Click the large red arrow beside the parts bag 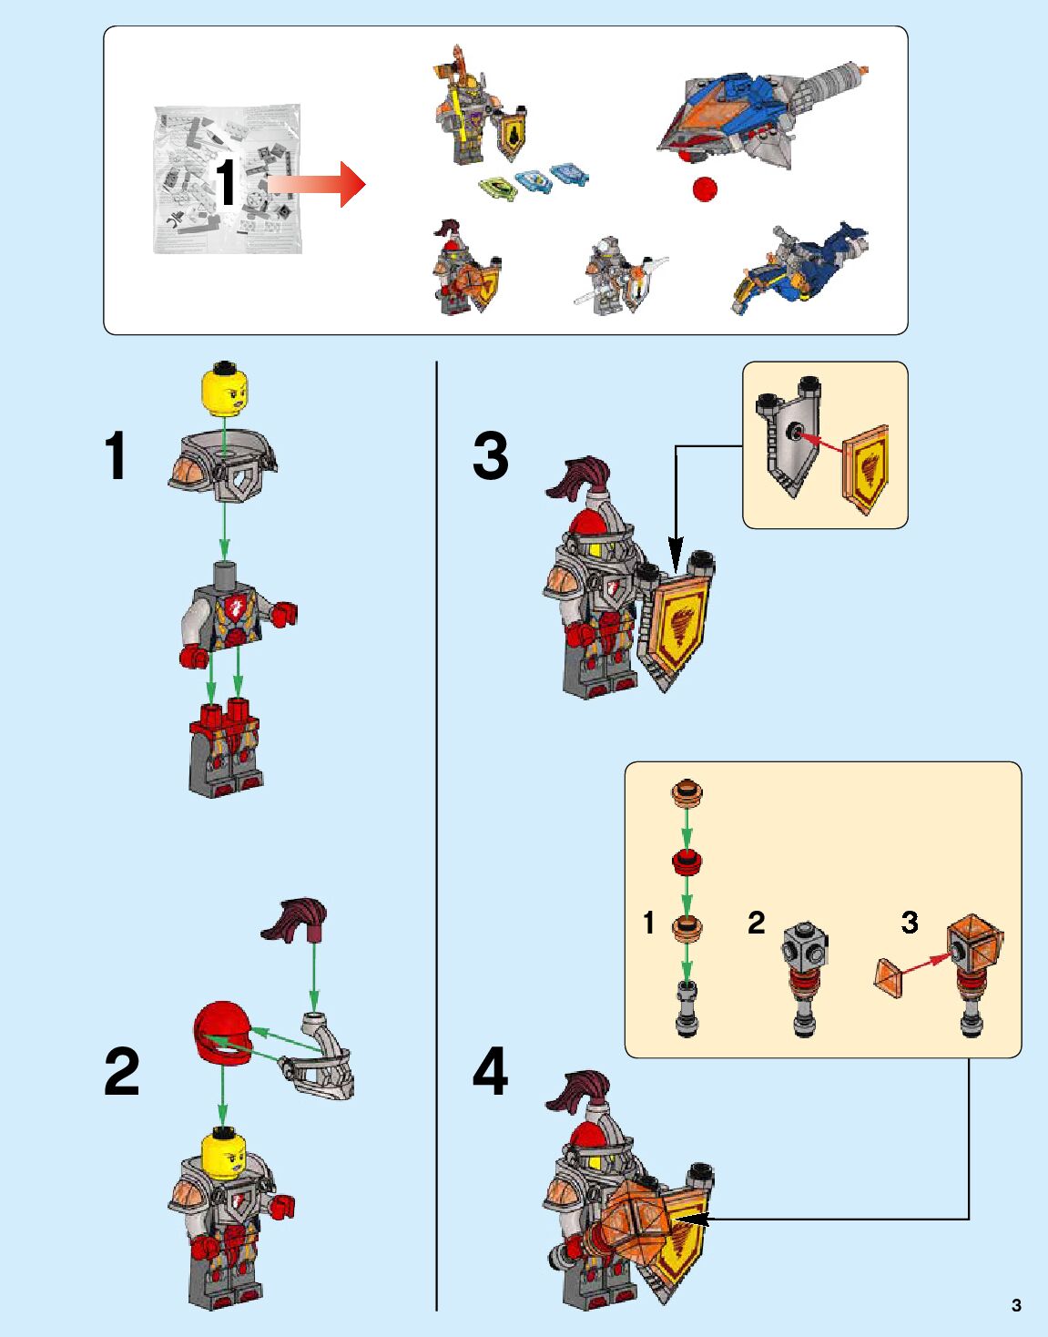pos(319,184)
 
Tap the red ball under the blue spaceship pos(704,189)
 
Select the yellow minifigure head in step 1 pos(225,389)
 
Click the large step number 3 pos(490,456)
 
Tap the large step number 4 pos(490,1072)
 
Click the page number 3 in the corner pos(1016,1305)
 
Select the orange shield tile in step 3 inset pos(866,468)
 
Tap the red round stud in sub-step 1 pos(687,861)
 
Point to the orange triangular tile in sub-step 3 pos(891,976)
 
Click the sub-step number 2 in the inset pos(756,923)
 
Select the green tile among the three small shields pos(497,188)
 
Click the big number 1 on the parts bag pos(226,182)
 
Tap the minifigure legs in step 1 pos(225,746)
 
